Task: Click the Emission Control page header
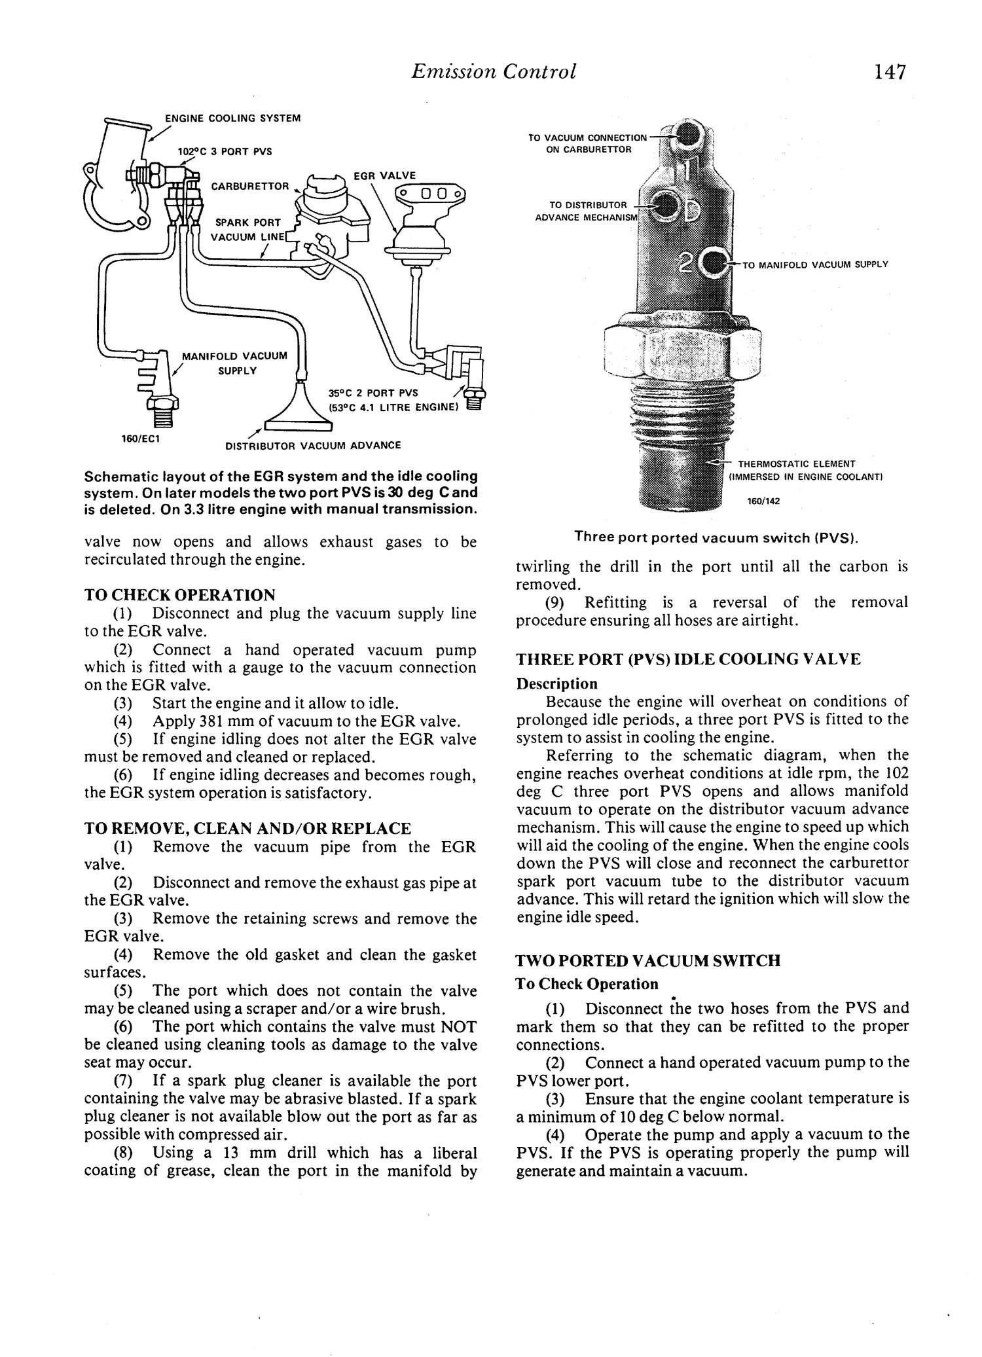click(494, 71)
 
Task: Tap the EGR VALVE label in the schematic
click(384, 175)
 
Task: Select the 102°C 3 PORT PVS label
click(225, 151)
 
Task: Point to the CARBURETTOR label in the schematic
click(249, 187)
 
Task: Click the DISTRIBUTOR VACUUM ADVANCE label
click(313, 445)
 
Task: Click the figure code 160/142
click(763, 501)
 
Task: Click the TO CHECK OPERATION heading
click(180, 595)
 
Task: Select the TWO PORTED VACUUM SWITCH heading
click(648, 961)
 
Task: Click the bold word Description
click(556, 683)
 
